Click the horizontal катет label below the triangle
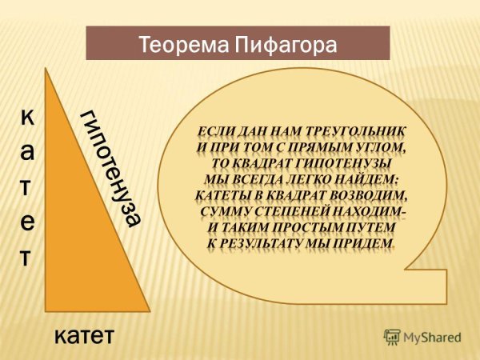click(85, 336)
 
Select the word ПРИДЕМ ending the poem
click(359, 242)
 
